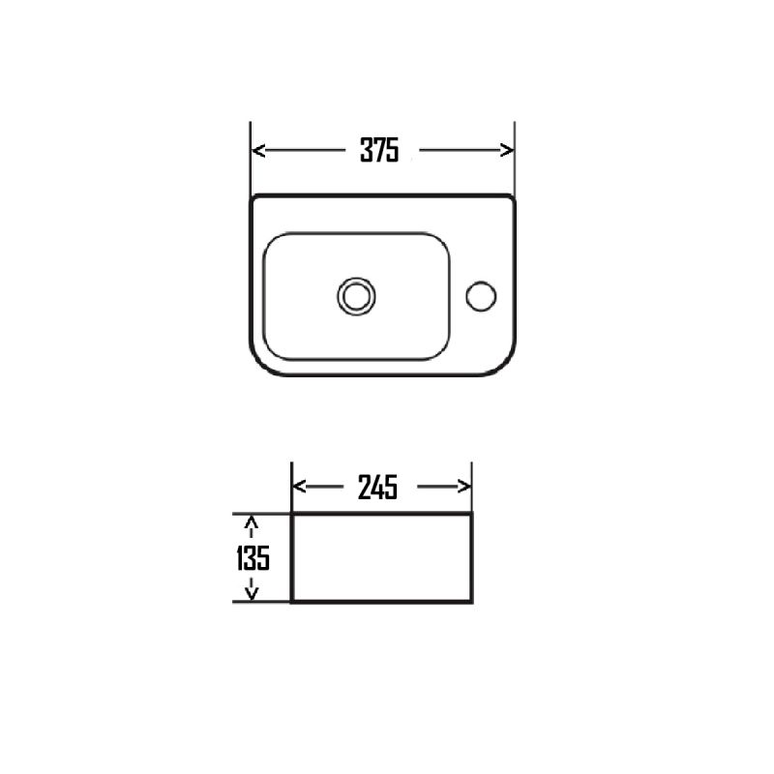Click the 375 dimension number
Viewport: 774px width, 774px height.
(379, 150)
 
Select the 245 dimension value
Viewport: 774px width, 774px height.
(377, 488)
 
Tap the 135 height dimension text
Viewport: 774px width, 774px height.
(253, 558)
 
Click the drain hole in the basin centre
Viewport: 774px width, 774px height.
(356, 296)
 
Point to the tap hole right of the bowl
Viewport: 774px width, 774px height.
(481, 296)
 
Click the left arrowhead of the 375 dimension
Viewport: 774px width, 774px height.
(258, 150)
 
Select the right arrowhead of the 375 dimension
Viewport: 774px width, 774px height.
(507, 150)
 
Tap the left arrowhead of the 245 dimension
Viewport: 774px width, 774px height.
(299, 487)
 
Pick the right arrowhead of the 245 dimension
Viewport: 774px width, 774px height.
(464, 487)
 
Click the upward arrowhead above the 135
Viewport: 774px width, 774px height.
(252, 521)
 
